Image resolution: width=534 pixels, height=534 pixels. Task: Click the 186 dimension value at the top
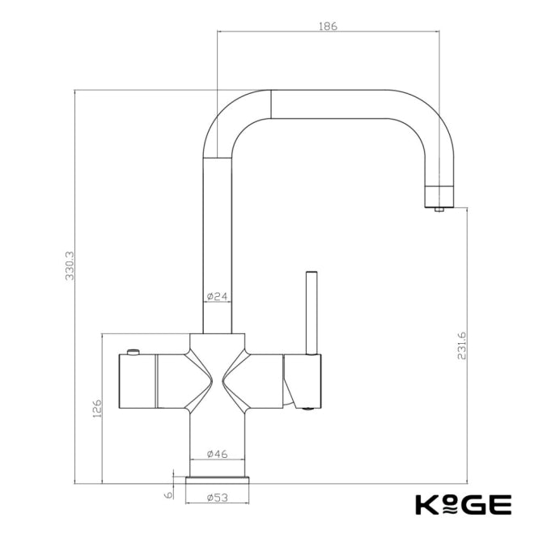point(328,26)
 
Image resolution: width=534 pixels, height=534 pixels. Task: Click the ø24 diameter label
point(216,297)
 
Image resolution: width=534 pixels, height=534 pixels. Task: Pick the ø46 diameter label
point(217,454)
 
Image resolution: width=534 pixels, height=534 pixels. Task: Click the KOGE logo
point(463,504)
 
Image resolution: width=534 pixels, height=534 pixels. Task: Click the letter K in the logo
point(426,504)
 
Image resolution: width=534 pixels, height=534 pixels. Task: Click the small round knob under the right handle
point(307,409)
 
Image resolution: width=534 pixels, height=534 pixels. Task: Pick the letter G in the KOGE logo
point(476,504)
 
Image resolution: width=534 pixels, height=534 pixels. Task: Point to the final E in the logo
point(501,504)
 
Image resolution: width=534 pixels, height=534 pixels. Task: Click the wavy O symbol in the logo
point(450,505)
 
